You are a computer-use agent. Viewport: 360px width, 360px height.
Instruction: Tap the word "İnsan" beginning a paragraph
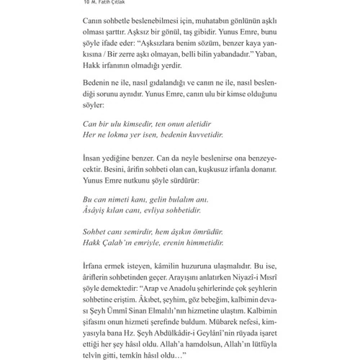click(96, 157)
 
